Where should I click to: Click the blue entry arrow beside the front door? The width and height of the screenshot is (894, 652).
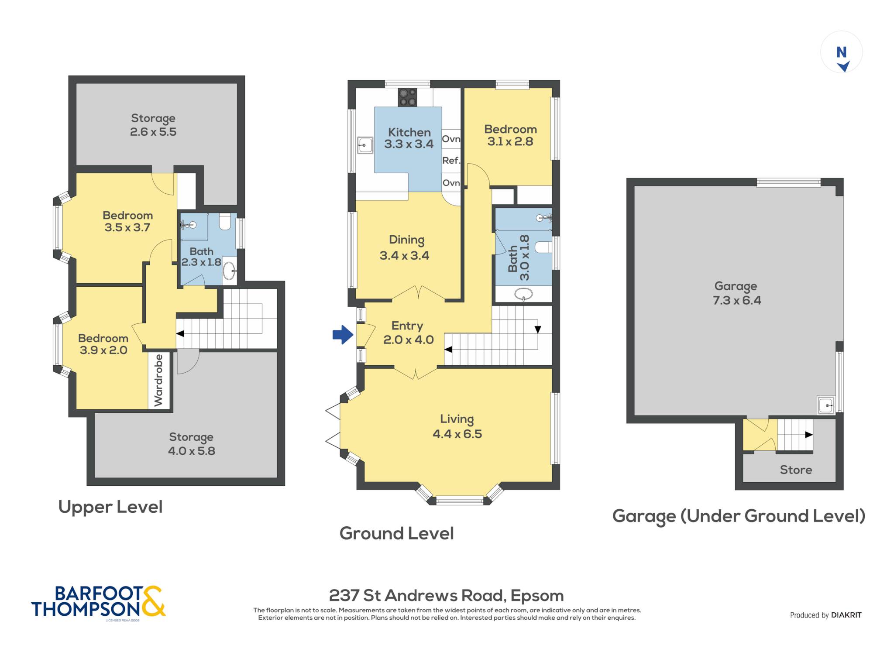343,335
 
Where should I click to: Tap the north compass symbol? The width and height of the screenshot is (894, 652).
842,58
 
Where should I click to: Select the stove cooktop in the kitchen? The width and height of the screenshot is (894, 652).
408,97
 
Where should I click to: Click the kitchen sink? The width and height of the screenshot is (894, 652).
365,145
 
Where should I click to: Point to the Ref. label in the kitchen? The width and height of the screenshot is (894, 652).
451,161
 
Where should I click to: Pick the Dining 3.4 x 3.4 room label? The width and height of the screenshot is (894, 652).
405,247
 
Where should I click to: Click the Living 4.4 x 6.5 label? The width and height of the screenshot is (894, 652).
457,426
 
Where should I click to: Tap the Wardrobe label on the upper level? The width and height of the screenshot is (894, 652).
158,380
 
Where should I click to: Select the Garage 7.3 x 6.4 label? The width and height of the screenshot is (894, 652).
737,293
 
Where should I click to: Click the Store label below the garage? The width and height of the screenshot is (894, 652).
796,470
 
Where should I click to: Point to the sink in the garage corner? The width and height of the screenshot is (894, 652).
826,405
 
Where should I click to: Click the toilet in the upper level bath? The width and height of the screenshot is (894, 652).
225,222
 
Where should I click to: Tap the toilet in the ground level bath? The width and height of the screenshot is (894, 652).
543,247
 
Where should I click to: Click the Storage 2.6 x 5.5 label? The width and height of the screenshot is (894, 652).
153,125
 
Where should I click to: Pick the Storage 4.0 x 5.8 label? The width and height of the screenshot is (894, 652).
192,444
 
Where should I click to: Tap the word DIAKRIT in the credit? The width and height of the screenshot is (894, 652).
846,615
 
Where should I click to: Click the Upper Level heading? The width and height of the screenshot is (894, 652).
110,507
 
